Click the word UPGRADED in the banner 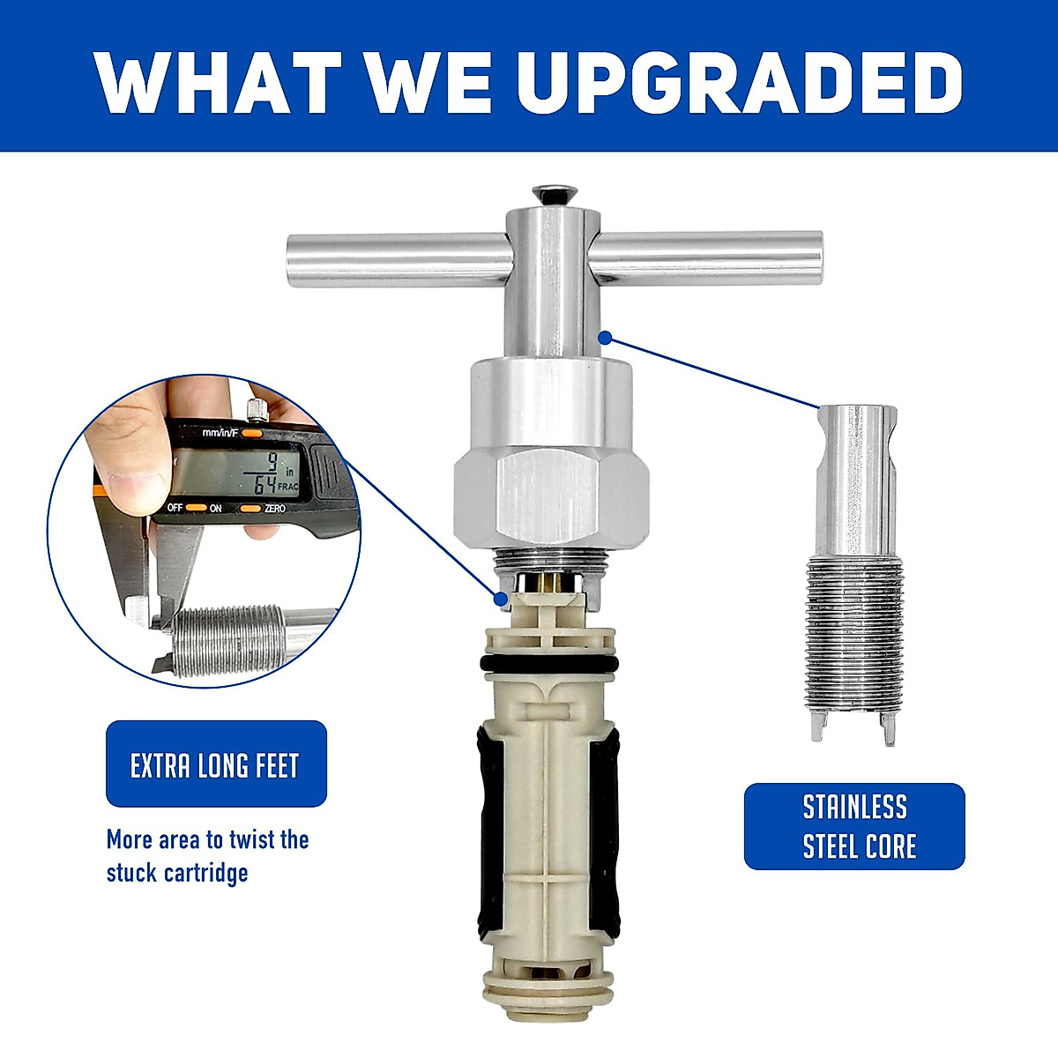[739, 83]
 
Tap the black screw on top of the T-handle [552, 192]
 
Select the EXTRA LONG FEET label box [216, 764]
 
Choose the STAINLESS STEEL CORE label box [853, 826]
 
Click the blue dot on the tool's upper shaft [605, 336]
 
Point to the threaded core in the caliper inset [229, 639]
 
